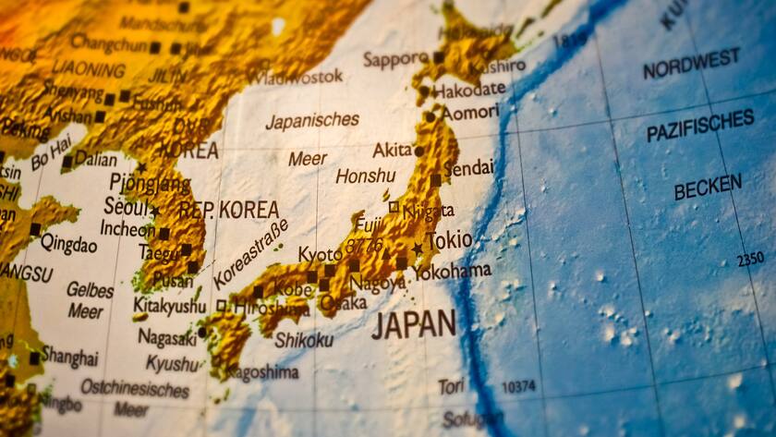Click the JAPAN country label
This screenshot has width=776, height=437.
413,324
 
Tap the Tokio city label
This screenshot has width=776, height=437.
449,241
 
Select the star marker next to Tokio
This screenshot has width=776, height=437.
418,248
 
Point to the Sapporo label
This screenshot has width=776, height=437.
395,59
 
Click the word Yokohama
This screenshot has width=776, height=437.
452,272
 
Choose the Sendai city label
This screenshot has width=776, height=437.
468,169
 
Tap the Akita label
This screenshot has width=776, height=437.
392,150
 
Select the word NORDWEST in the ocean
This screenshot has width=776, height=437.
691,65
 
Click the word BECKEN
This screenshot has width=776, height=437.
708,188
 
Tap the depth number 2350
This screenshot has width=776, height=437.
749,260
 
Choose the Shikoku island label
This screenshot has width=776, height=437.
304,340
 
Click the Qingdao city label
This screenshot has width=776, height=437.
68,245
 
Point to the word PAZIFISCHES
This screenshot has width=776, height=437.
700,126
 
